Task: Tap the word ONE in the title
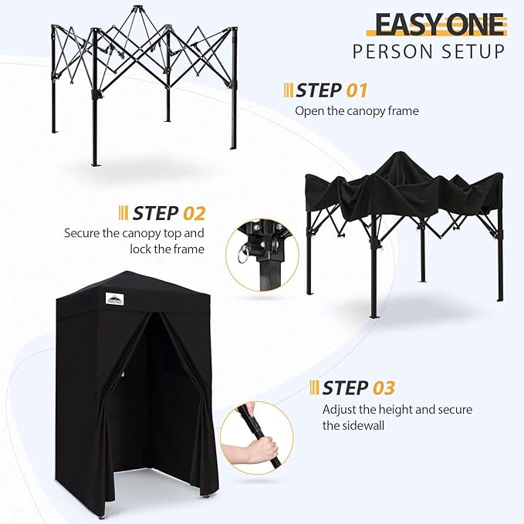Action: coord(475,24)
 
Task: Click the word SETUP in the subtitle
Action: coord(475,52)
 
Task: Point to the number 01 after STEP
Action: coord(357,90)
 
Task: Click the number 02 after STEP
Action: coord(193,212)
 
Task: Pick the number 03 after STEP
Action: coord(383,387)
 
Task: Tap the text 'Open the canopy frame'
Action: coord(357,111)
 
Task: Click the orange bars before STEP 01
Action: coord(289,90)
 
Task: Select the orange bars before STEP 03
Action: coord(315,387)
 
